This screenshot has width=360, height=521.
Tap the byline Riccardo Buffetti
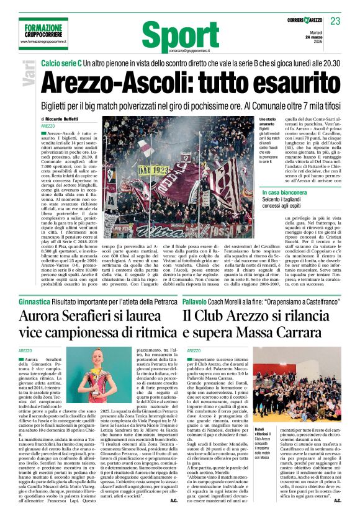click(63, 118)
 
